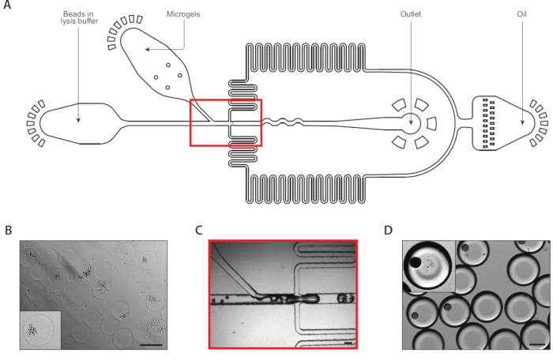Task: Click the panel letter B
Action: pyautogui.click(x=7, y=231)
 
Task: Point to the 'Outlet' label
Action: pyautogui.click(x=411, y=13)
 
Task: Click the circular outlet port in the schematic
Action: pyautogui.click(x=411, y=122)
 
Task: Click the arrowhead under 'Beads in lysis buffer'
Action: pyautogui.click(x=77, y=120)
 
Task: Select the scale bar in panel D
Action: pyautogui.click(x=537, y=344)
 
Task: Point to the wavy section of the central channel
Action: pyautogui.click(x=280, y=122)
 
